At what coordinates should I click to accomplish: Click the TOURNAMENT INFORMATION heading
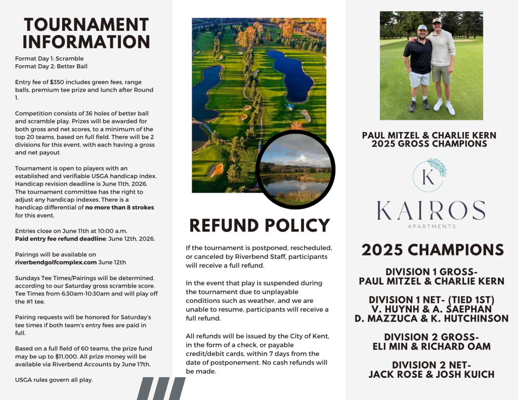pos(86,33)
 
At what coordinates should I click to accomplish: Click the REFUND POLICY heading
pos(260,225)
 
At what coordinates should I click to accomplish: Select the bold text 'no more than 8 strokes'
pos(119,207)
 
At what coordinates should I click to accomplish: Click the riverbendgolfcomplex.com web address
pos(56,262)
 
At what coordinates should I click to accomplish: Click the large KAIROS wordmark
pos(431,210)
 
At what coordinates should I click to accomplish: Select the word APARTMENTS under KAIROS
pos(431,226)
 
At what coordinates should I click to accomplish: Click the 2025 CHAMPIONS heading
pos(432,250)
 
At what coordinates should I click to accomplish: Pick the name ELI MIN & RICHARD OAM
pos(431,346)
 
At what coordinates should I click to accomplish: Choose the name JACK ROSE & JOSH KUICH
pos(431,374)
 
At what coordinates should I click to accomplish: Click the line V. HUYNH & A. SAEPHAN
pos(431,309)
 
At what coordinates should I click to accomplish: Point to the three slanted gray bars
pos(161,388)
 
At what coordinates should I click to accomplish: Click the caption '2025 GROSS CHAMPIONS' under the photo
pos(429,144)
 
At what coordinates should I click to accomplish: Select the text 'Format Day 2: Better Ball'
pos(45,66)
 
